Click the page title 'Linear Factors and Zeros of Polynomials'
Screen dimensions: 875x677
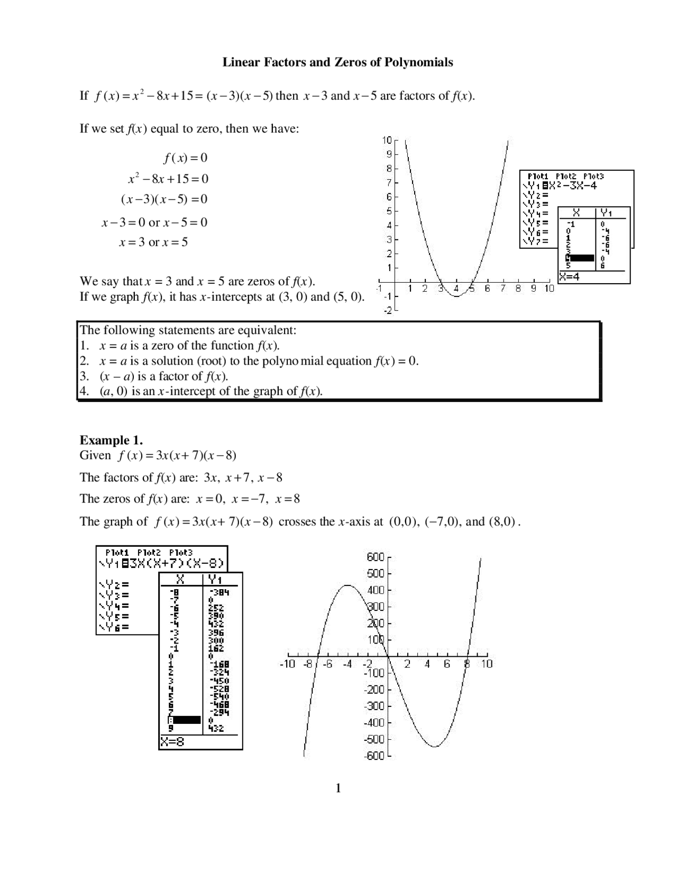coord(337,62)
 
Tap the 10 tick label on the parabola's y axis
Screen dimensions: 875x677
coord(387,140)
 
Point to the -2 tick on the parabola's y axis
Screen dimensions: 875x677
coord(388,311)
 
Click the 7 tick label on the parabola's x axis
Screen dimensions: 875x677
coord(503,288)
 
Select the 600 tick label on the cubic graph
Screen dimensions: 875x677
coord(375,557)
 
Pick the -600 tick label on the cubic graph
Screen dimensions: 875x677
coord(373,756)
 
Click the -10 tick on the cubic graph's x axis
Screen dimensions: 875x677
coord(287,664)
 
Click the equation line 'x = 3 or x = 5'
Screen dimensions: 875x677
coord(153,243)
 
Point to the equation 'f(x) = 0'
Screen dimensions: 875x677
coord(185,157)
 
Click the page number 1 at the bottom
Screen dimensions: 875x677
coord(338,789)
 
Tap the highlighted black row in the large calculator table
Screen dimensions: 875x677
coord(186,720)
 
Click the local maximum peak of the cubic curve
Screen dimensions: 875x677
coord(347,585)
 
